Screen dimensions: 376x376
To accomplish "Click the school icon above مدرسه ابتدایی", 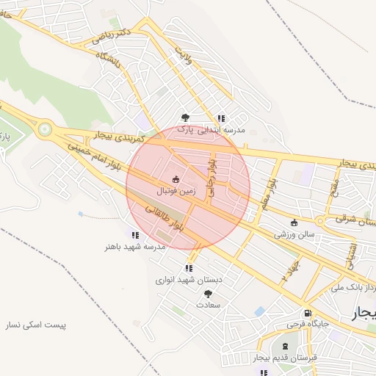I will [x=220, y=118].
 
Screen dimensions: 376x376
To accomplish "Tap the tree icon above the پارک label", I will [x=185, y=117].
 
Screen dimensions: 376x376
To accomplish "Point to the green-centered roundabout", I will [x=46, y=131].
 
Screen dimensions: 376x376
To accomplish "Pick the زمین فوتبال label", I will [x=176, y=190].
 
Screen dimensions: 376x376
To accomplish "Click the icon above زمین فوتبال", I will [x=176, y=178].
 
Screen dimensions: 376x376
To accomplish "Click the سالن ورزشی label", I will [x=294, y=235].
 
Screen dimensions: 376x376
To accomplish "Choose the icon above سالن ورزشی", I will [x=294, y=223].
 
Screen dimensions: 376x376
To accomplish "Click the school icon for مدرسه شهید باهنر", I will [x=135, y=235].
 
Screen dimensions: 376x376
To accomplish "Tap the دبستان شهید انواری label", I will [x=188, y=280].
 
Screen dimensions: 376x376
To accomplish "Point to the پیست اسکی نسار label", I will [x=36, y=325].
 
